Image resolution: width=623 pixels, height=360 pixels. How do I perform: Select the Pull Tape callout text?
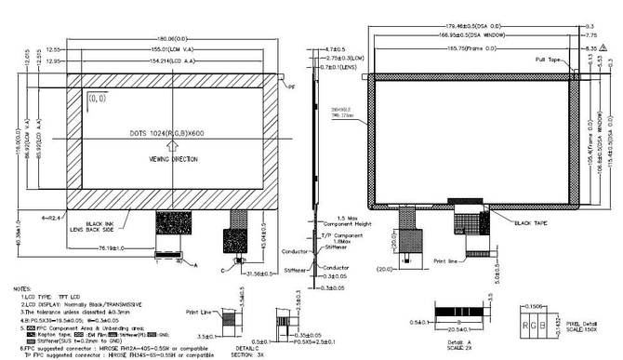548,60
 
